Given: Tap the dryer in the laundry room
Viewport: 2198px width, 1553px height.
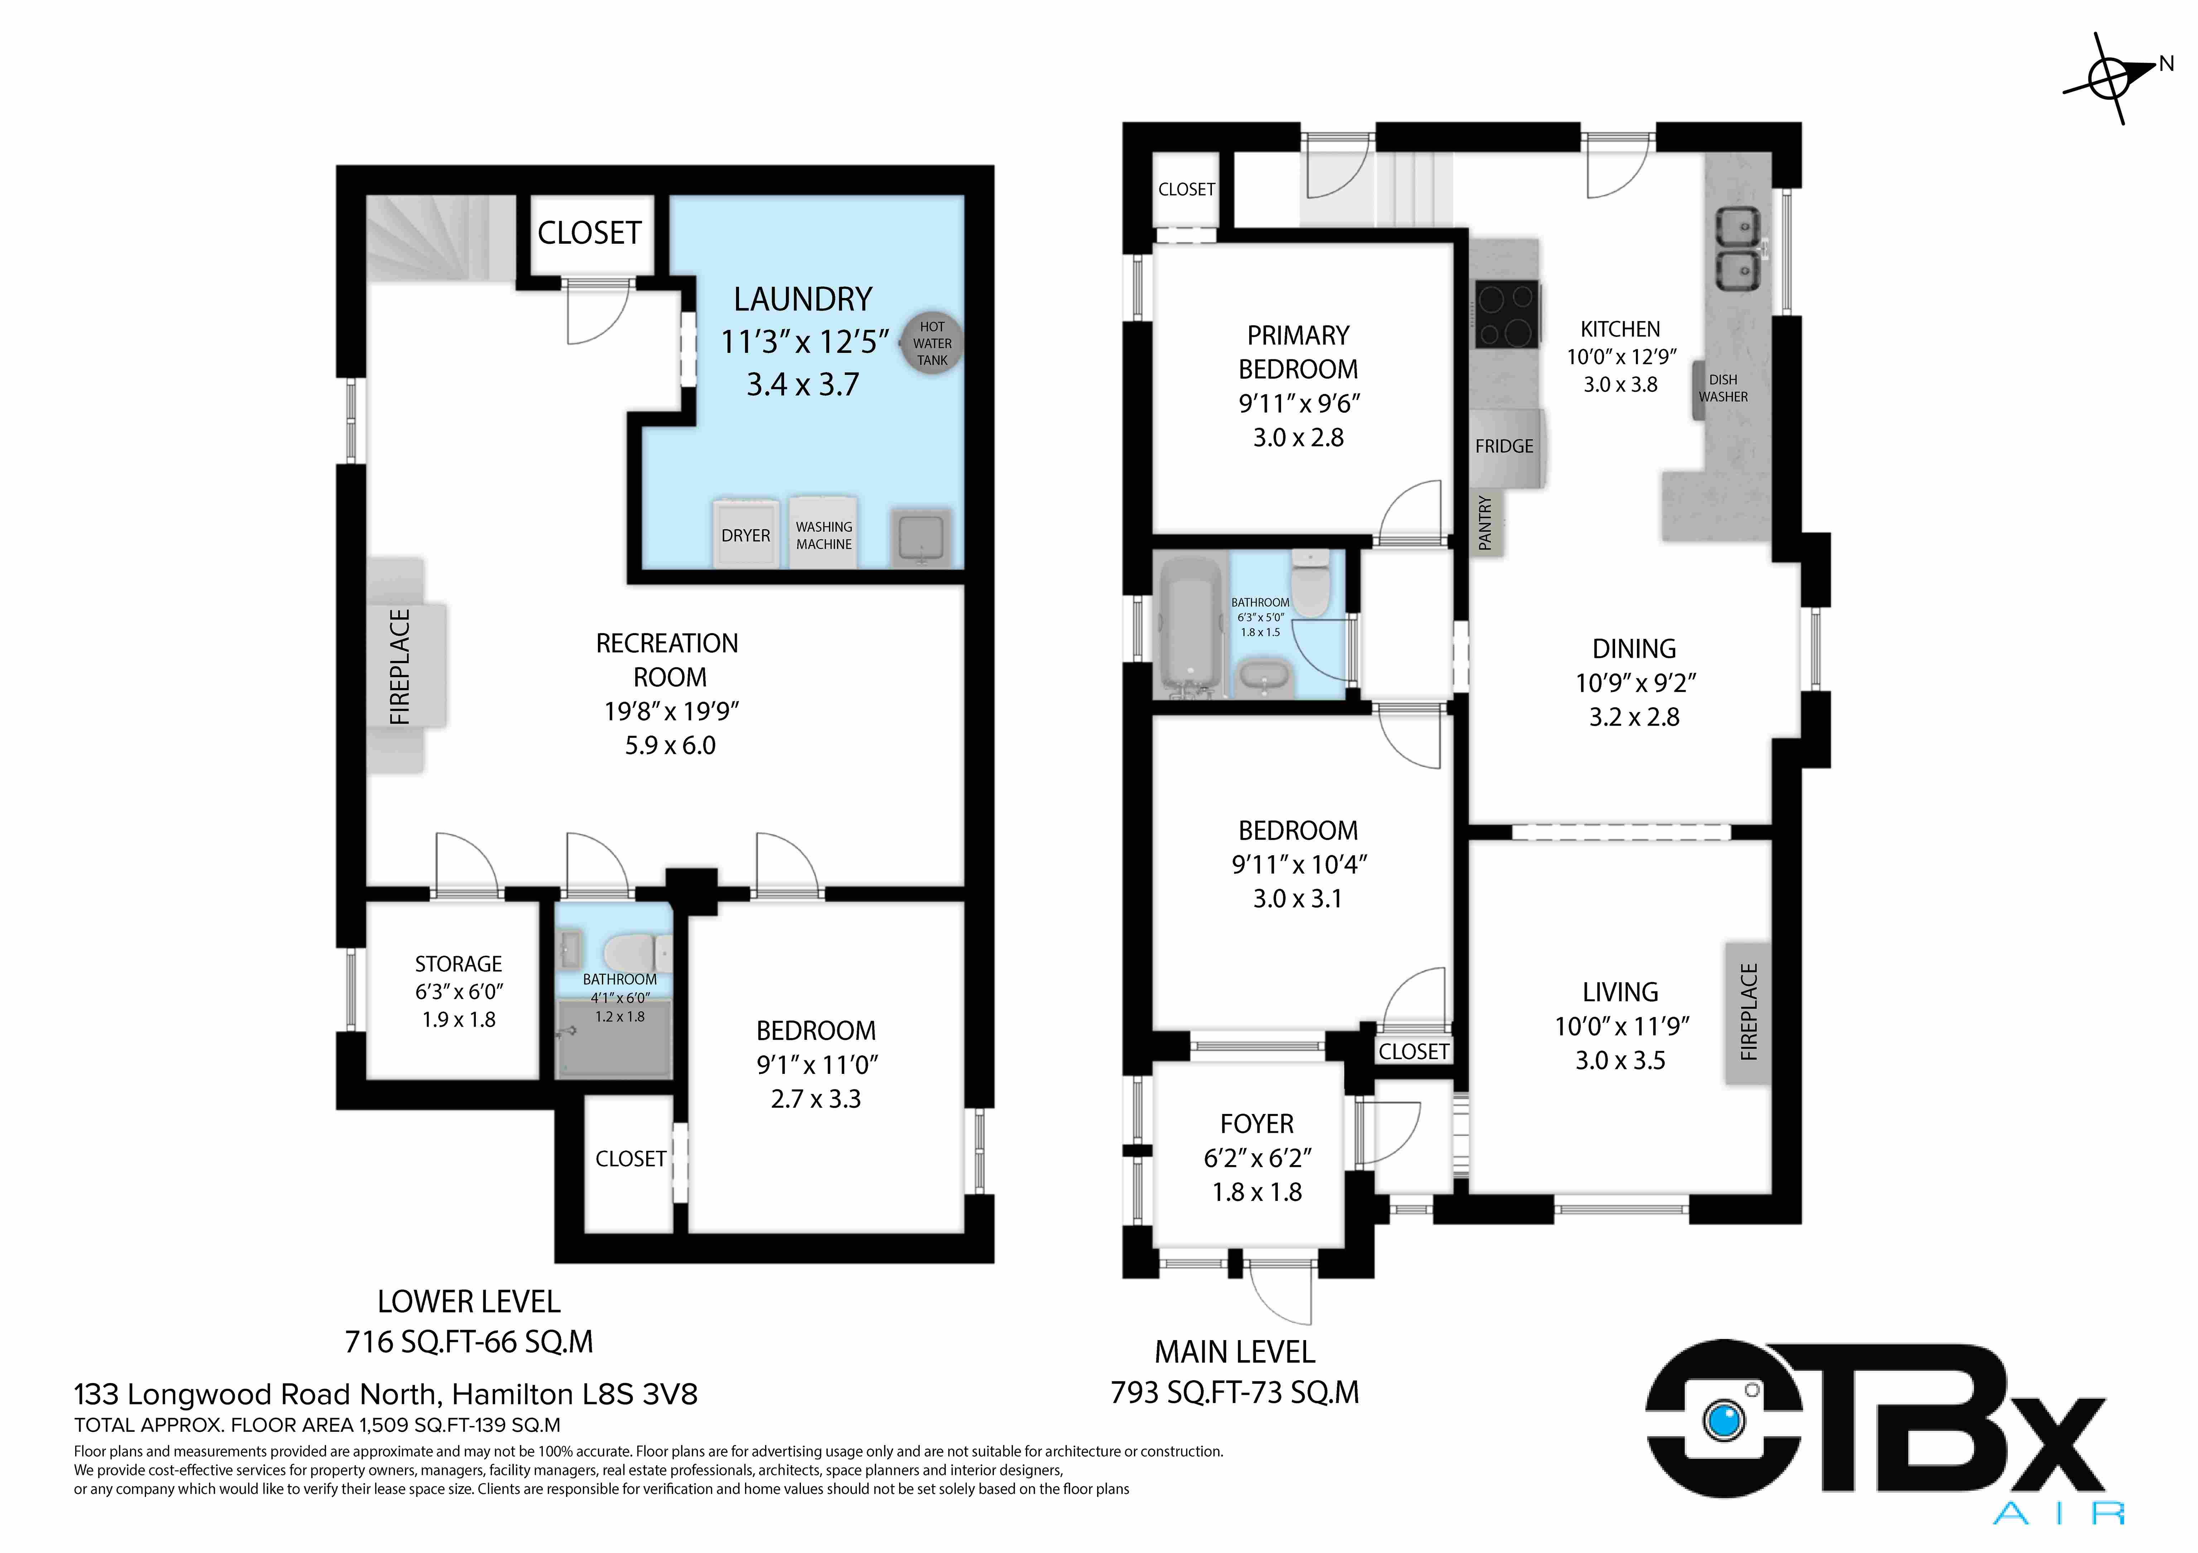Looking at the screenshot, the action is click(x=746, y=533).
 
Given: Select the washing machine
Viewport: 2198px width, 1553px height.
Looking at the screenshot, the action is click(x=823, y=533).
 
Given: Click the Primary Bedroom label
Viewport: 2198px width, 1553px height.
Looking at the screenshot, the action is click(x=1298, y=352).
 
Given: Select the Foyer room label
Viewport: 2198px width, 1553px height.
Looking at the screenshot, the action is click(x=1257, y=1123).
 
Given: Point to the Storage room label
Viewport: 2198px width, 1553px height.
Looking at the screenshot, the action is click(x=459, y=964).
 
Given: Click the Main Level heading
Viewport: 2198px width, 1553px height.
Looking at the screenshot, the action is click(x=1235, y=1352).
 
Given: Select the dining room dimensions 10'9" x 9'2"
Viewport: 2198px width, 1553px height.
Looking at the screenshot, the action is click(x=1635, y=683).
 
